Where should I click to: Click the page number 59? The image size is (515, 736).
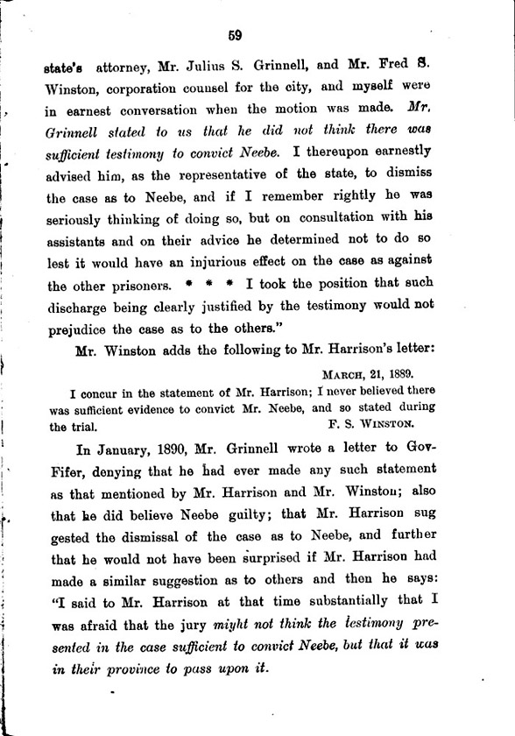click(x=234, y=36)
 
